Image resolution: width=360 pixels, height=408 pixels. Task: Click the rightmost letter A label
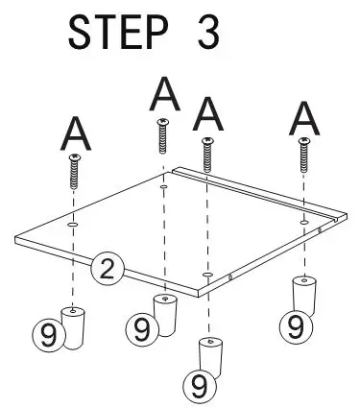(305, 118)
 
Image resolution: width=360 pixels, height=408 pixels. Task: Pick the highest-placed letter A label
(164, 93)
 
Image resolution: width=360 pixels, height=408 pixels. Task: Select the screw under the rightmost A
(305, 154)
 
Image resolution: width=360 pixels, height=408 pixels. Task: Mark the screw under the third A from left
(206, 154)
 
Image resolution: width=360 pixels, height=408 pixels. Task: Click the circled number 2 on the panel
(108, 269)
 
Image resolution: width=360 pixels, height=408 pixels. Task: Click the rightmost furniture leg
(304, 293)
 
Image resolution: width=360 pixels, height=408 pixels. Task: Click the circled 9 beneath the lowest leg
(200, 388)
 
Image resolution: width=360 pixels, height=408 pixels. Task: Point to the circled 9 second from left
(142, 331)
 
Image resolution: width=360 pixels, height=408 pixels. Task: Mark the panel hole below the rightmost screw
(305, 221)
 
